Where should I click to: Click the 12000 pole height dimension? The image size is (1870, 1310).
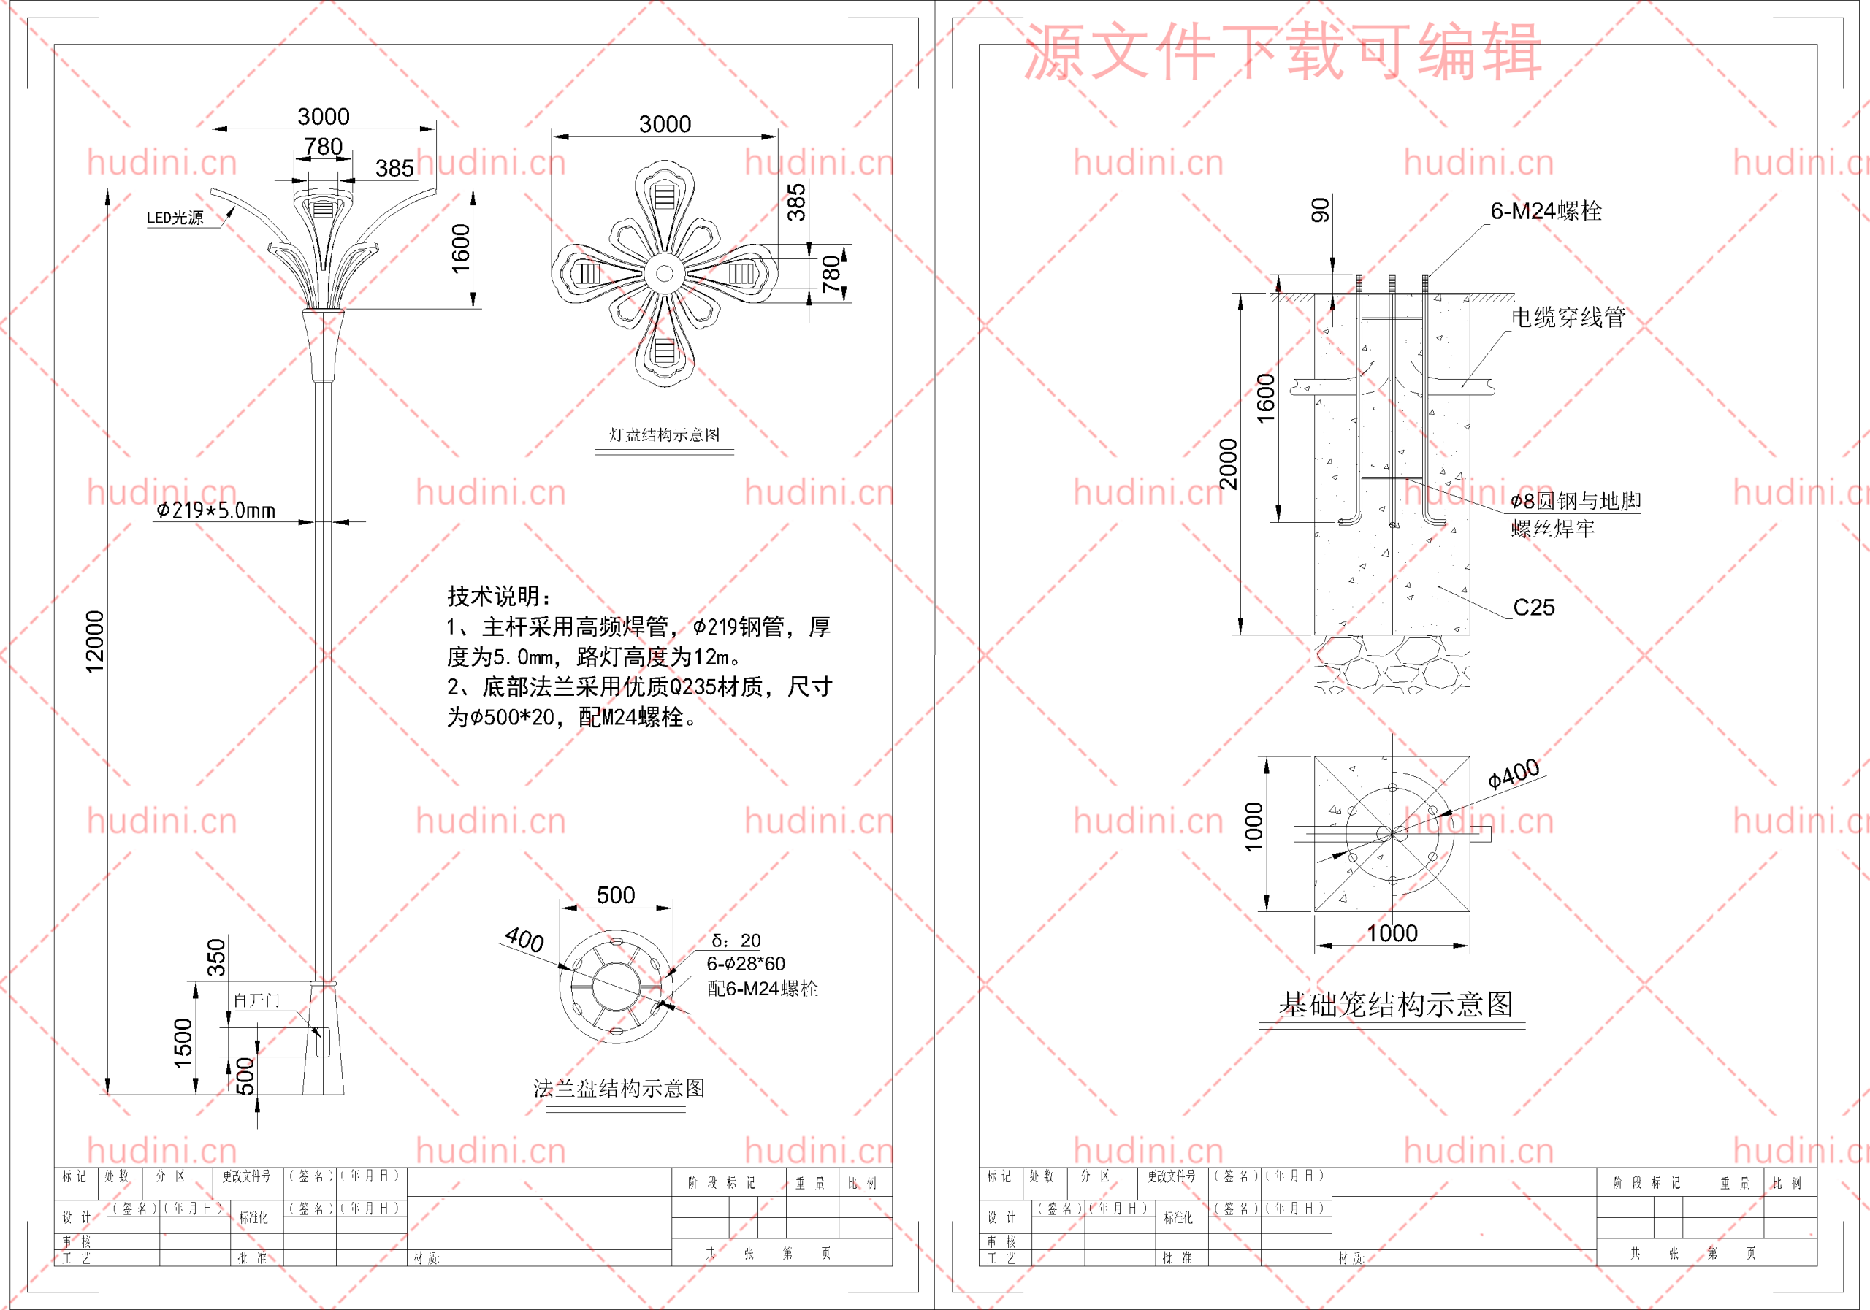point(95,642)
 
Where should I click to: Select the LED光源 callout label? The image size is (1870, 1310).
point(175,218)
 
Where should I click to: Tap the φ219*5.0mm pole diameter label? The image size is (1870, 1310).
point(215,510)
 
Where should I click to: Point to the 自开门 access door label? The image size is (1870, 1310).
point(256,1000)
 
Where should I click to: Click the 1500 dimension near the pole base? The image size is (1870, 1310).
point(183,1042)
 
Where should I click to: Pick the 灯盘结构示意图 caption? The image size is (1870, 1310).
point(664,434)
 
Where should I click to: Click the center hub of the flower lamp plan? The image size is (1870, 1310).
point(665,274)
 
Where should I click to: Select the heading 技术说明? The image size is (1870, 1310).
point(499,596)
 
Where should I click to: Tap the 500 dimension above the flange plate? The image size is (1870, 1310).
point(616,895)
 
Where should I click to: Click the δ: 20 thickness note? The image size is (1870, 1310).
point(736,941)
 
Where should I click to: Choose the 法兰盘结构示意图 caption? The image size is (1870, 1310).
point(619,1089)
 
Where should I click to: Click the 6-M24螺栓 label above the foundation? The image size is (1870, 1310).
point(1546,212)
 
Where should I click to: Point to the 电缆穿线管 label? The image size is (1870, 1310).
point(1568,318)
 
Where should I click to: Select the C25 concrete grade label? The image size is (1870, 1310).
point(1534,608)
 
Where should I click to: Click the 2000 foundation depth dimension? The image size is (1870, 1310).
point(1228,464)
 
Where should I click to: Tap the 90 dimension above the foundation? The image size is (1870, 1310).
point(1320,210)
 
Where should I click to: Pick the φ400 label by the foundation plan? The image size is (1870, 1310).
point(1514,774)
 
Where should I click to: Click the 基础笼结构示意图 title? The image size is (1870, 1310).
point(1396,1005)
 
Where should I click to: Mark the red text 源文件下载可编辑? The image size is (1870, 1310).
point(1283,51)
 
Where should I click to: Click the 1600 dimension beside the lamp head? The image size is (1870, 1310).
point(461,248)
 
